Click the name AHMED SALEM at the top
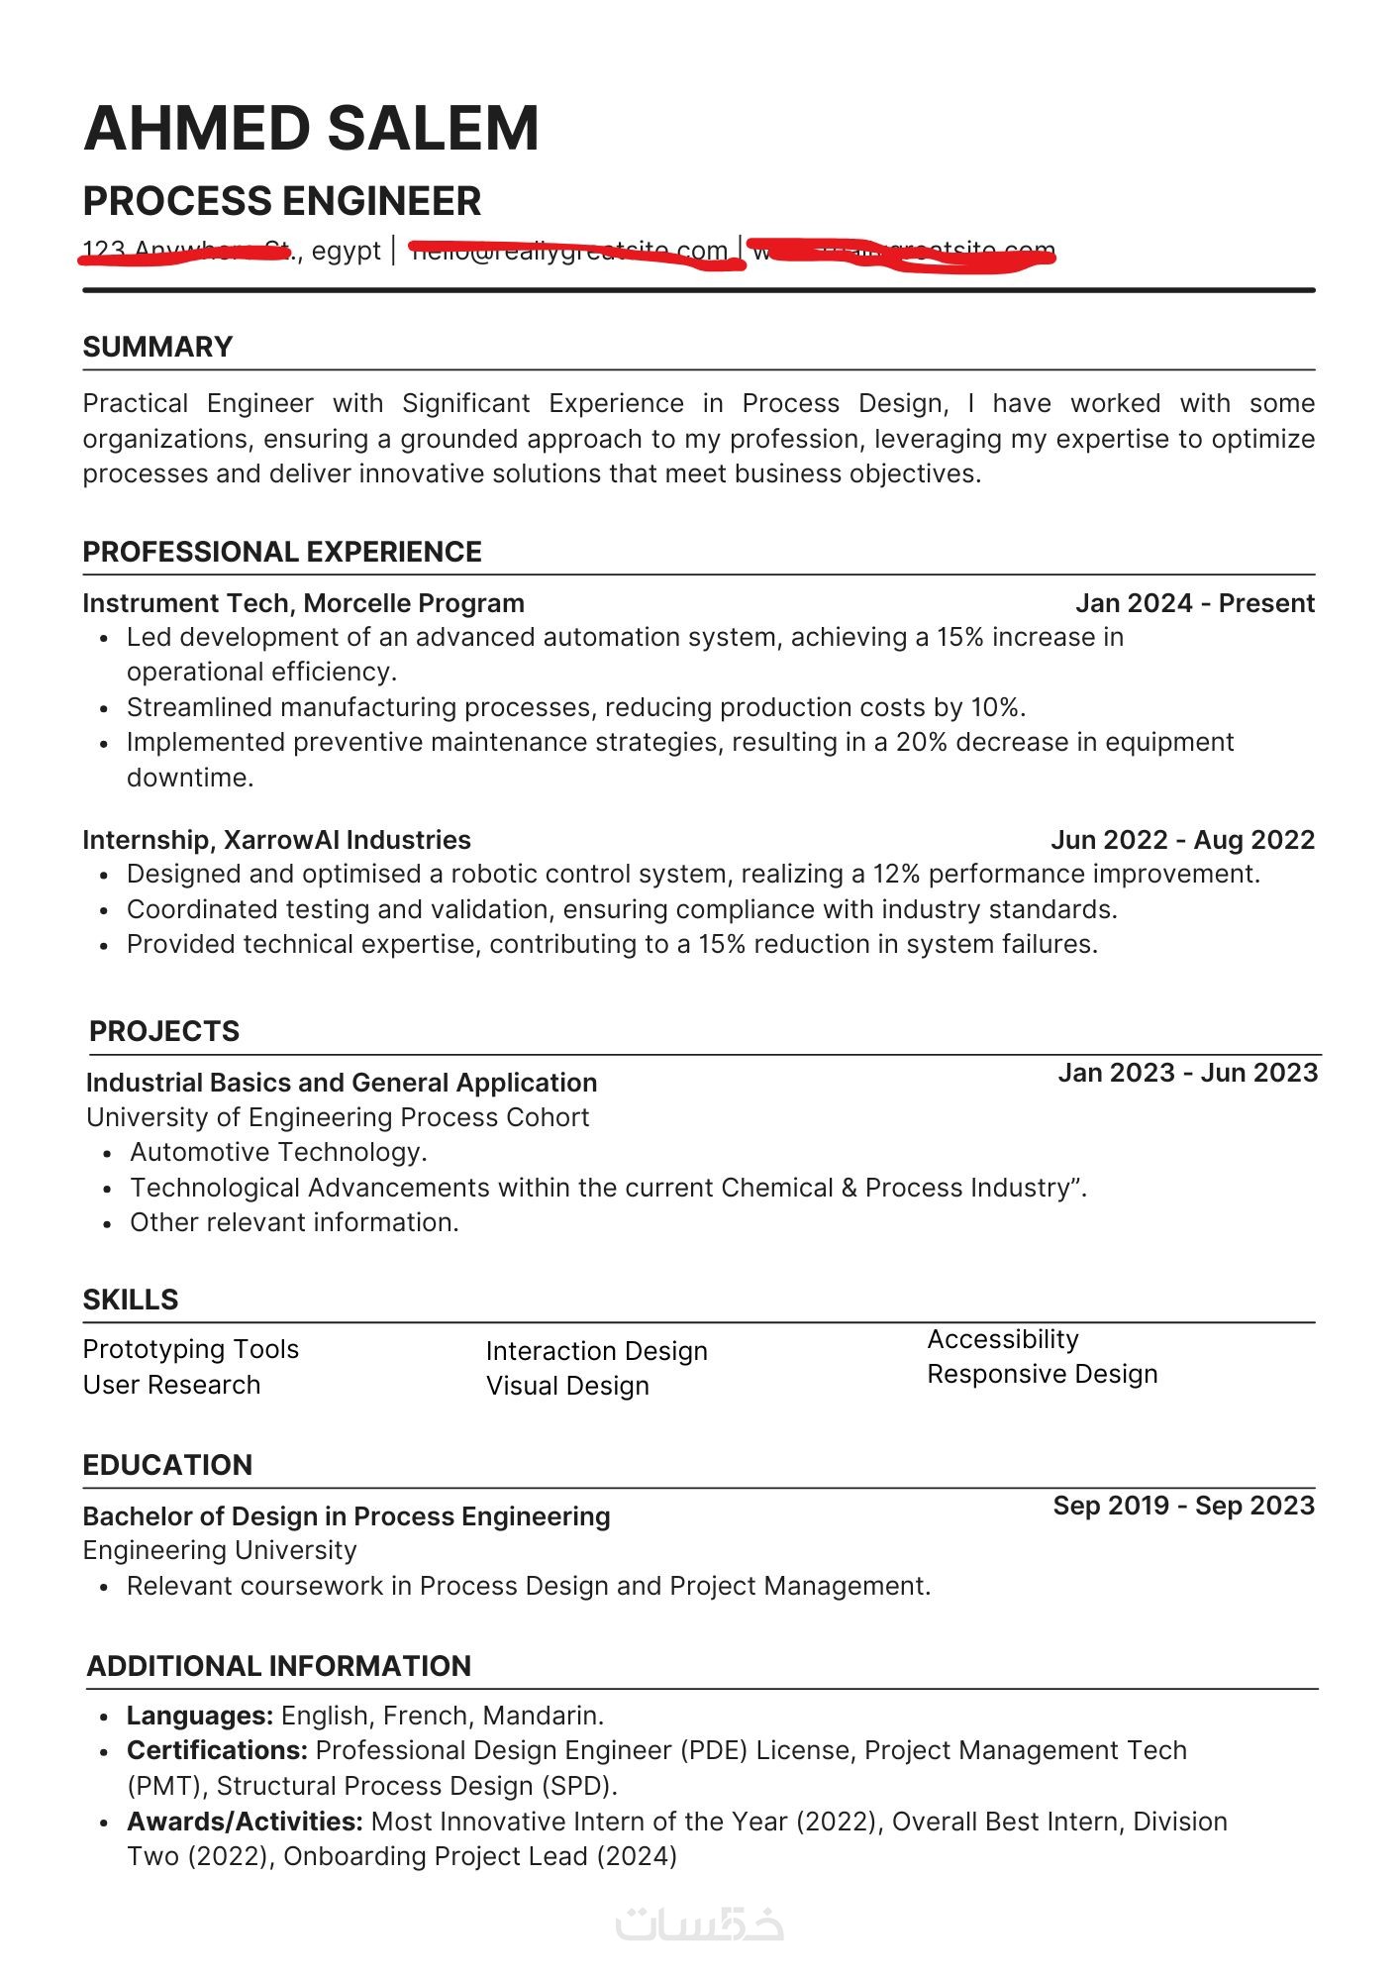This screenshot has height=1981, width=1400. pyautogui.click(x=311, y=129)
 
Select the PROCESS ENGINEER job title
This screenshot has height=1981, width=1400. pyautogui.click(x=282, y=201)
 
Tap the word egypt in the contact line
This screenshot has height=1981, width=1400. pyautogui.click(x=346, y=251)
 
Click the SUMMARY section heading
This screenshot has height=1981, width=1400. pyautogui.click(x=157, y=347)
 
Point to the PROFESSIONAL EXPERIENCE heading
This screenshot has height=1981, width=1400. pyautogui.click(x=282, y=552)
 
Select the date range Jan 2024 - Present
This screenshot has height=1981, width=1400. pyautogui.click(x=1194, y=603)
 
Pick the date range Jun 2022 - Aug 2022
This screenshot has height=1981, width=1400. pyautogui.click(x=1182, y=840)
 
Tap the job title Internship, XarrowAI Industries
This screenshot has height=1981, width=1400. pyautogui.click(x=276, y=840)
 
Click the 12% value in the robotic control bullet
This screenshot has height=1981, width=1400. pyautogui.click(x=896, y=874)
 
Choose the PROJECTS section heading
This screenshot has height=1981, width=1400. pyautogui.click(x=164, y=1031)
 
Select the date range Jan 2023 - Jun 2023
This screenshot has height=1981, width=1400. pyautogui.click(x=1187, y=1073)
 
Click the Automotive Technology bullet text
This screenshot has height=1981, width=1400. pyautogui.click(x=278, y=1152)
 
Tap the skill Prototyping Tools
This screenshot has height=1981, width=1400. pyautogui.click(x=190, y=1349)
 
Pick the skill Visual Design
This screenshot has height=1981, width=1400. pyautogui.click(x=567, y=1386)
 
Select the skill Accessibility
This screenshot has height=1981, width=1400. pyautogui.click(x=1002, y=1339)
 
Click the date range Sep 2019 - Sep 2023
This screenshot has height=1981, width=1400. pyautogui.click(x=1183, y=1506)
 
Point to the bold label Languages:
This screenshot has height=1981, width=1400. pyautogui.click(x=200, y=1716)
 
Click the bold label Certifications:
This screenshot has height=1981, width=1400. pyautogui.click(x=217, y=1750)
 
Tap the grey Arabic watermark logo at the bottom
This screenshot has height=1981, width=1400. pyautogui.click(x=699, y=1924)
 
